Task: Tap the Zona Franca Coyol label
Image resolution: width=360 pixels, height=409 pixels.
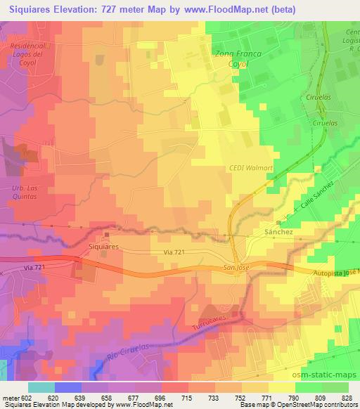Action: tap(236, 58)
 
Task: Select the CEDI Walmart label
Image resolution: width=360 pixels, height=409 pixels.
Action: tap(247, 167)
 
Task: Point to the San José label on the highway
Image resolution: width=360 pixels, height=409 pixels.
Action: tap(237, 267)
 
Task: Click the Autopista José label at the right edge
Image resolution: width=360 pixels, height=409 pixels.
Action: tap(336, 271)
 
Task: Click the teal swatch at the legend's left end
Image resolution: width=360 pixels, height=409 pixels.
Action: tap(41, 387)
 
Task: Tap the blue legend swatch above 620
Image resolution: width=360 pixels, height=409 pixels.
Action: tap(67, 387)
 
